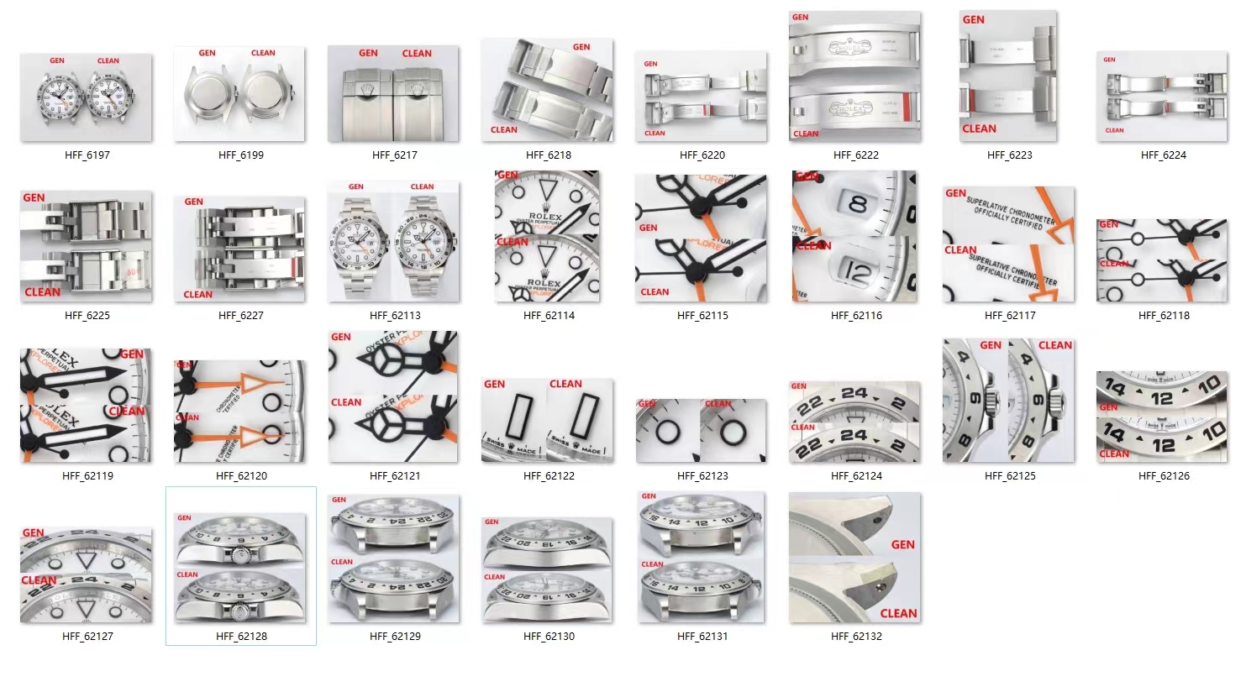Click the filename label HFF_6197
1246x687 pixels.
pos(87,155)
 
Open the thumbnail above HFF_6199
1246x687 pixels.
pos(239,94)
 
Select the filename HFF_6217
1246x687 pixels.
pos(394,155)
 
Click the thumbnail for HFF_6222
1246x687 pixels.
pos(854,76)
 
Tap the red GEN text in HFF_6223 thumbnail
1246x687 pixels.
pos(974,19)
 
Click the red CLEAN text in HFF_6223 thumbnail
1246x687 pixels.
pos(979,128)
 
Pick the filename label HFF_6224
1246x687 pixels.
pos(1163,155)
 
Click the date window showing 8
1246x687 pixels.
pos(858,204)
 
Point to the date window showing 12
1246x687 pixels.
pos(857,270)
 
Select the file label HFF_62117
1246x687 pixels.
pos(1009,316)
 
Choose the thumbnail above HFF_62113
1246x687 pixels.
pos(394,241)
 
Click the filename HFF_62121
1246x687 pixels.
pos(394,476)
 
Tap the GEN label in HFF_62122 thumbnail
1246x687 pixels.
pos(494,384)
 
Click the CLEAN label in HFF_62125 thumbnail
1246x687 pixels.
pos(1054,345)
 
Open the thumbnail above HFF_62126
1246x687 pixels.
pos(1162,417)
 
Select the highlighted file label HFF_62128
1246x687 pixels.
pos(241,637)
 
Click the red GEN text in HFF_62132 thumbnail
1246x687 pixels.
pos(902,544)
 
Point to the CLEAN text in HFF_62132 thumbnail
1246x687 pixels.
pos(898,613)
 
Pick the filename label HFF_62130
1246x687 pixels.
pos(549,637)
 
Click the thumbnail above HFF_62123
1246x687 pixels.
pos(702,431)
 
